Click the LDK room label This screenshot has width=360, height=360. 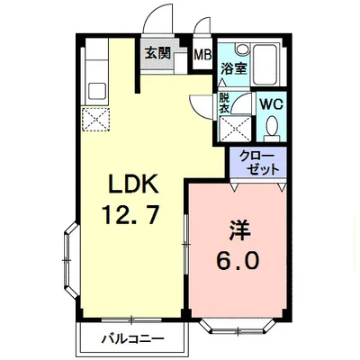[133, 184]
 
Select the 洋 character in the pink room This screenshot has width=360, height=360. [239, 230]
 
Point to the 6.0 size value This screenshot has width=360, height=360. [237, 260]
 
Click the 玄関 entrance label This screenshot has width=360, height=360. [157, 53]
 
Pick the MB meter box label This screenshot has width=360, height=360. [202, 55]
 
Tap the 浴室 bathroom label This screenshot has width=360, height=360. [234, 68]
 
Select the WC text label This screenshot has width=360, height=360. [272, 104]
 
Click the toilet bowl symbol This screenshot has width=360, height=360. [273, 126]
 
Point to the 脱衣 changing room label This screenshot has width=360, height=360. [224, 103]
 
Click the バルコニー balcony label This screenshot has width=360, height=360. [133, 339]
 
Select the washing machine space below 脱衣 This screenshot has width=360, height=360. [235, 129]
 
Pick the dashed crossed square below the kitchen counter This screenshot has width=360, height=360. [95, 119]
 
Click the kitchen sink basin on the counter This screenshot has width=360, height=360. [97, 90]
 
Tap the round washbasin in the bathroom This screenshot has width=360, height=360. [242, 49]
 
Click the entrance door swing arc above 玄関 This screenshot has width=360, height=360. [157, 18]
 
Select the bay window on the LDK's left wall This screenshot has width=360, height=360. [71, 260]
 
